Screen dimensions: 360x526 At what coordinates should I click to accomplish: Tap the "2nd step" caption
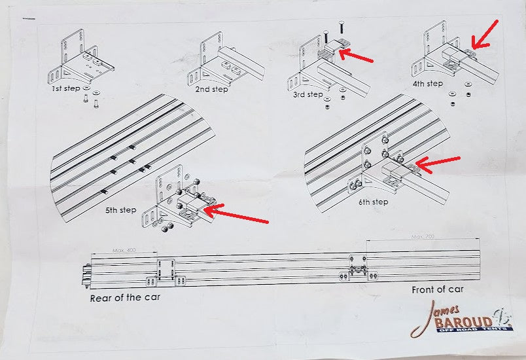211,89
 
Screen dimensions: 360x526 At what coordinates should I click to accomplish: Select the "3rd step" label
307,94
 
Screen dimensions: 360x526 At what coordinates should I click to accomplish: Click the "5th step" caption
120,210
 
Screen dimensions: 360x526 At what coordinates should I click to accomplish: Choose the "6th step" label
373,202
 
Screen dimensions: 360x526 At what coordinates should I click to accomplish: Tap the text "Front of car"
438,289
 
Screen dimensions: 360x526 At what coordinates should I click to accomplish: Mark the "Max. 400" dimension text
122,251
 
